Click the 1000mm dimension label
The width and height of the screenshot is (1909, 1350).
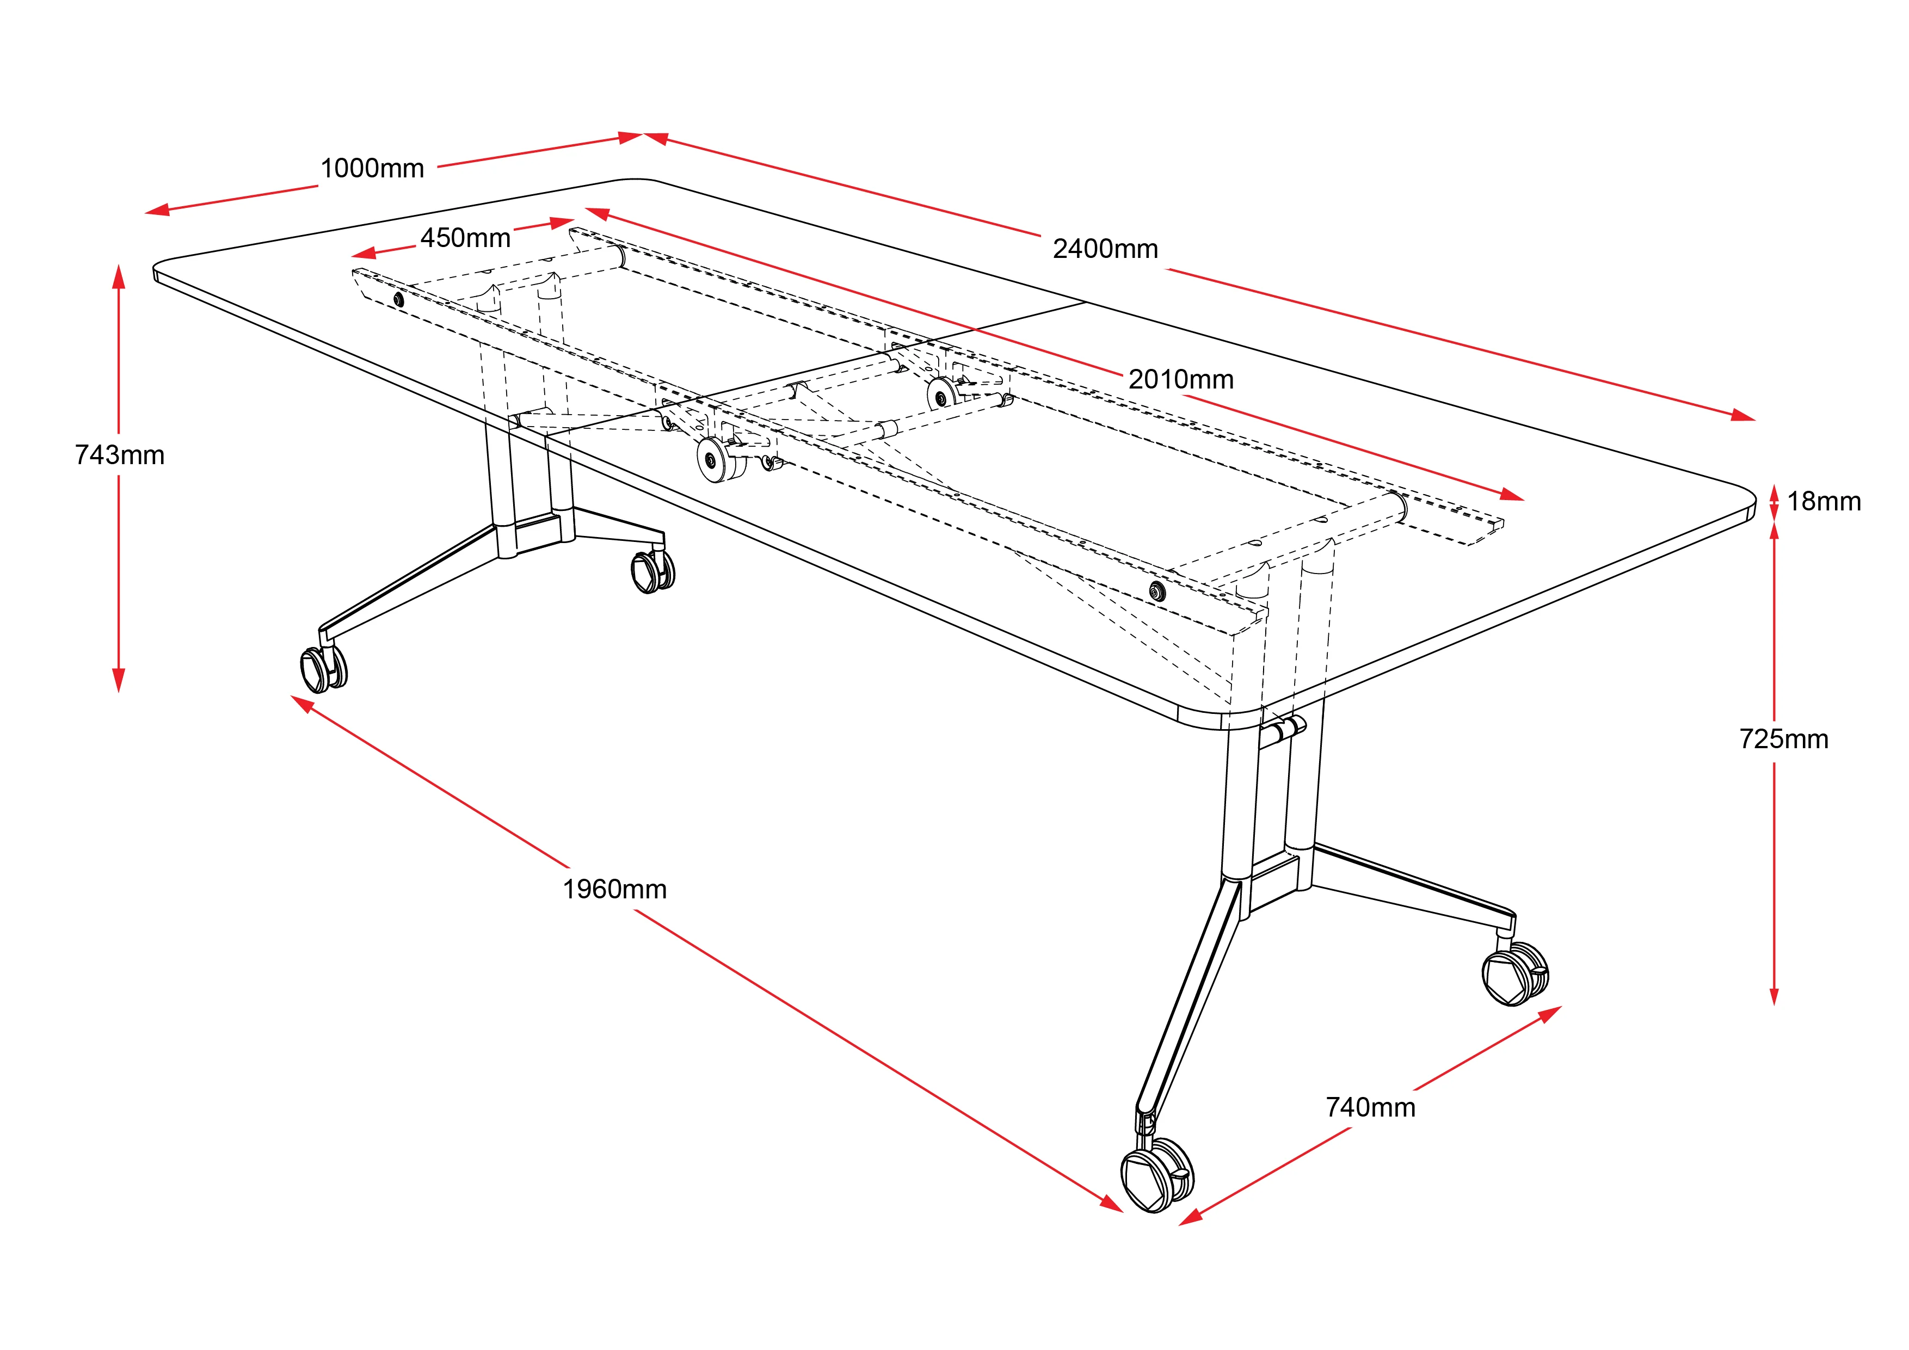pos(372,169)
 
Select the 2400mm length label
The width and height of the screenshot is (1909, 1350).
pos(1105,249)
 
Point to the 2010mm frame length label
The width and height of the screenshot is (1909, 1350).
pos(1181,379)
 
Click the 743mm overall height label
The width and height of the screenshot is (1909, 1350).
pos(120,455)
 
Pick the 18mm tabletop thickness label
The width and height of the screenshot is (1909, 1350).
pos(1824,501)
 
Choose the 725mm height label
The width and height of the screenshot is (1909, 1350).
pos(1783,739)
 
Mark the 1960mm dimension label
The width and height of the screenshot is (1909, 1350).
pos(614,890)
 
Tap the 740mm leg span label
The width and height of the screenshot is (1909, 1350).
pos(1370,1107)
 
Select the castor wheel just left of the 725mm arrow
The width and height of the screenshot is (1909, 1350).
pos(1516,973)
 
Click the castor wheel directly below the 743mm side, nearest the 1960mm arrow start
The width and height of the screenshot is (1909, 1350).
pos(323,668)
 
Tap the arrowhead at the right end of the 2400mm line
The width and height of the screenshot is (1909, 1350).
pos(1744,416)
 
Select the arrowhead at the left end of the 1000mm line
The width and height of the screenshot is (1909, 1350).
pos(157,211)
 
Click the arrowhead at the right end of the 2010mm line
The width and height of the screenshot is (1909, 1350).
pos(1512,496)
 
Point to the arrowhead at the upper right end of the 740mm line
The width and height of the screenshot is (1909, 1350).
pos(1550,1014)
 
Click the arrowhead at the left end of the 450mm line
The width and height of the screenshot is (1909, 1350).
pos(364,254)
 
